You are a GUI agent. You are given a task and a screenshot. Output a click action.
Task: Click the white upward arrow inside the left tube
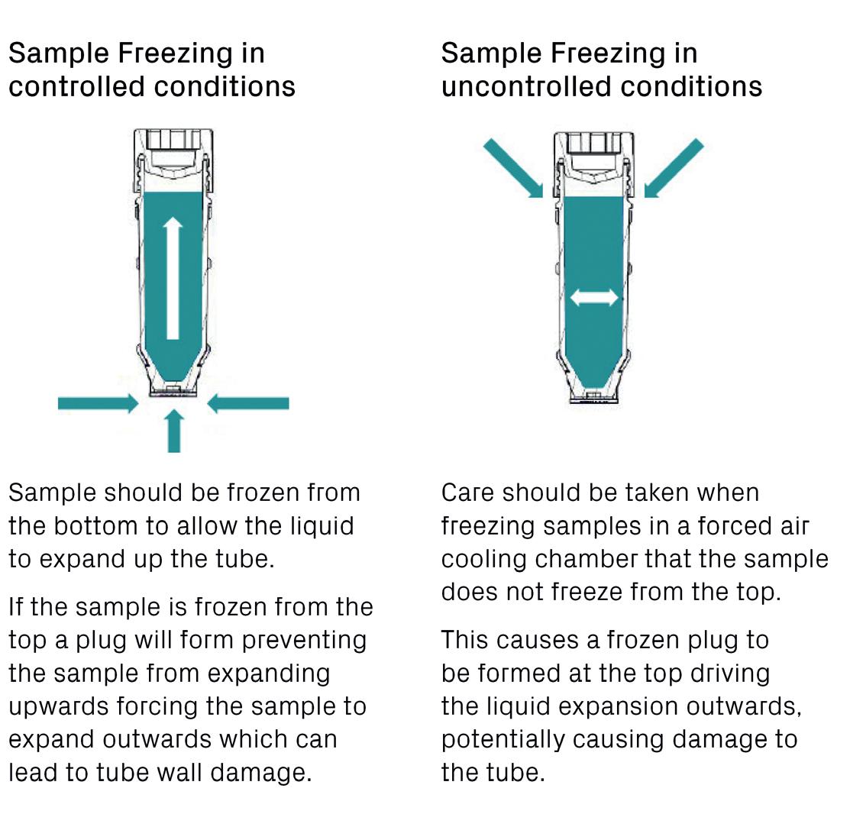click(173, 278)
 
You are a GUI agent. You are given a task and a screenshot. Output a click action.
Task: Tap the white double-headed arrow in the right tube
click(595, 297)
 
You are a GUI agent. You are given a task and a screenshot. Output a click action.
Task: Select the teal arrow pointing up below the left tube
click(174, 431)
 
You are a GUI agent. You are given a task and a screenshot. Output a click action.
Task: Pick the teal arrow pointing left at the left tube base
click(249, 403)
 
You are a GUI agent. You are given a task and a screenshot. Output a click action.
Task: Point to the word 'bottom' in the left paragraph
click(120, 526)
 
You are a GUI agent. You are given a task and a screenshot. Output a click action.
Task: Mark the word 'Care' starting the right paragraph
click(467, 493)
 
